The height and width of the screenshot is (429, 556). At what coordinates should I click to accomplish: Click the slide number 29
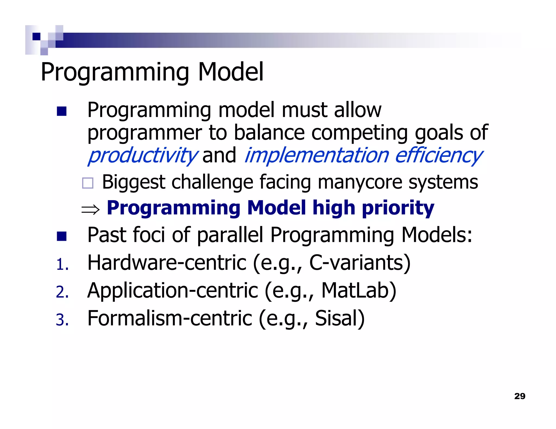pos(520,396)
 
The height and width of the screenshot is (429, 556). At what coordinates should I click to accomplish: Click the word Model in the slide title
pos(231,72)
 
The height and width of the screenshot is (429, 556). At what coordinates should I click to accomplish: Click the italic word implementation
pos(317,155)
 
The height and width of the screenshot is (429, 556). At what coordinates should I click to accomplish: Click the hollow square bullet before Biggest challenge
pos(88,183)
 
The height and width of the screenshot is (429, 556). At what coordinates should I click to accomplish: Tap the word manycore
pos(360,182)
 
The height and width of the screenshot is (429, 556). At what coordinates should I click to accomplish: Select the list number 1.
pos(62,265)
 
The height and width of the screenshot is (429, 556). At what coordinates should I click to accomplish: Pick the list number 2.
pos(62,292)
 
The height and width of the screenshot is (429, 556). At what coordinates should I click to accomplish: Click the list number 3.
pos(62,320)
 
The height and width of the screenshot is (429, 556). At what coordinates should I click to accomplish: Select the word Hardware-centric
pos(167,263)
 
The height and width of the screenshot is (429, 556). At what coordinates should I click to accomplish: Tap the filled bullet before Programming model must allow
pos(62,111)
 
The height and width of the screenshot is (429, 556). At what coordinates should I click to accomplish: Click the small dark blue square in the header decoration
pos(36,37)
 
